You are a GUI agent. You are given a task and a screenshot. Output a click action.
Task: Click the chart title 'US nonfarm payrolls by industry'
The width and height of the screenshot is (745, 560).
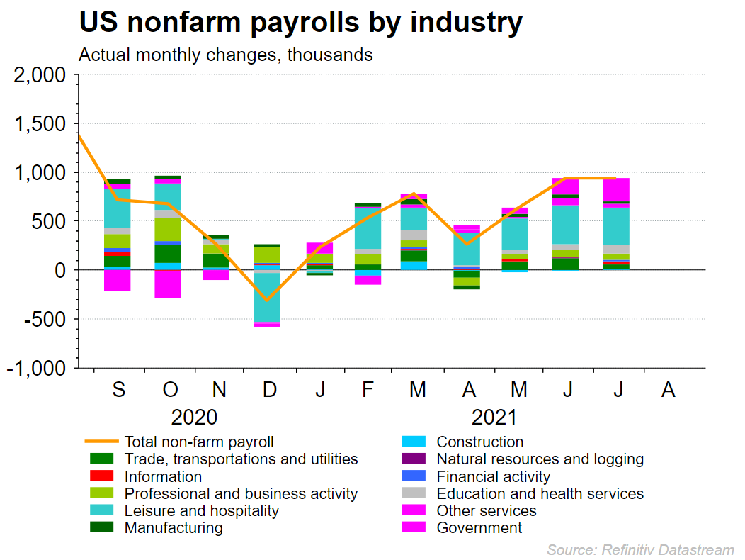[300, 23]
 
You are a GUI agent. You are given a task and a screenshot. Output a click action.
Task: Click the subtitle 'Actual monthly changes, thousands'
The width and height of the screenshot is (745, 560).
[226, 55]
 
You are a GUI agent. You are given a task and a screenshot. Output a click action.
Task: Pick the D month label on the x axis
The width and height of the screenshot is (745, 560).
[270, 389]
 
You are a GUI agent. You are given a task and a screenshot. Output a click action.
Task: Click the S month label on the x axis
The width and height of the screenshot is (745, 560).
[119, 389]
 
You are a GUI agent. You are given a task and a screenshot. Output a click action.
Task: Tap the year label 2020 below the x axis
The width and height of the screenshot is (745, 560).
[193, 416]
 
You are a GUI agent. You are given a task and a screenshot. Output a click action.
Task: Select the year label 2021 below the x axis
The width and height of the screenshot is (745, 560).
[493, 416]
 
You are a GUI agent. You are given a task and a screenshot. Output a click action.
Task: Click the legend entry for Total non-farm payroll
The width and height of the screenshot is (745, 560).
[198, 442]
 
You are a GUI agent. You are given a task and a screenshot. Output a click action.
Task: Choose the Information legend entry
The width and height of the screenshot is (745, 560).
[163, 476]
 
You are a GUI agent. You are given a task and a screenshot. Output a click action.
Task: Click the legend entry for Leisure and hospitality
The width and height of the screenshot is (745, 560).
[201, 510]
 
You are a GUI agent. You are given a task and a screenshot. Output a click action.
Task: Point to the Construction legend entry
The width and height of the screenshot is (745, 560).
[479, 442]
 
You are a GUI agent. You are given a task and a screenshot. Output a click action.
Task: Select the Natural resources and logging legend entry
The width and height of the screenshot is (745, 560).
[540, 459]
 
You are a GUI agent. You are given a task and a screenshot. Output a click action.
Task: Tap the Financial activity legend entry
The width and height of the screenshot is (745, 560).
[493, 476]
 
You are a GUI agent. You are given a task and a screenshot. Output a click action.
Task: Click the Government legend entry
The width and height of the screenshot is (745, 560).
[479, 527]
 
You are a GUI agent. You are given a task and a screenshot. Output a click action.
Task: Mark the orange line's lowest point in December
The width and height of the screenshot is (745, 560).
[266, 301]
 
